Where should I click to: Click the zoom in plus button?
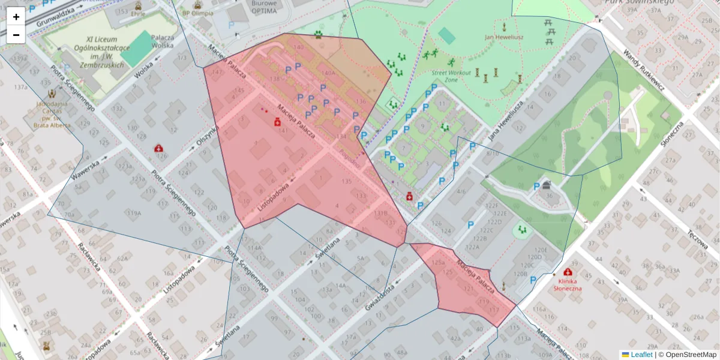click(16, 16)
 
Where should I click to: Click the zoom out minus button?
click(16, 35)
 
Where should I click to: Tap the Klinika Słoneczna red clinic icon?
click(567, 272)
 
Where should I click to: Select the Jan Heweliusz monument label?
click(504, 37)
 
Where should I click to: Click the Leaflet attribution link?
click(641, 355)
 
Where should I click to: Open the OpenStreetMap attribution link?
click(691, 355)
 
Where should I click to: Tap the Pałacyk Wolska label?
click(162, 41)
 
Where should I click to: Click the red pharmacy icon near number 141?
click(278, 122)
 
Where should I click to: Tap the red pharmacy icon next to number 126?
click(158, 148)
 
